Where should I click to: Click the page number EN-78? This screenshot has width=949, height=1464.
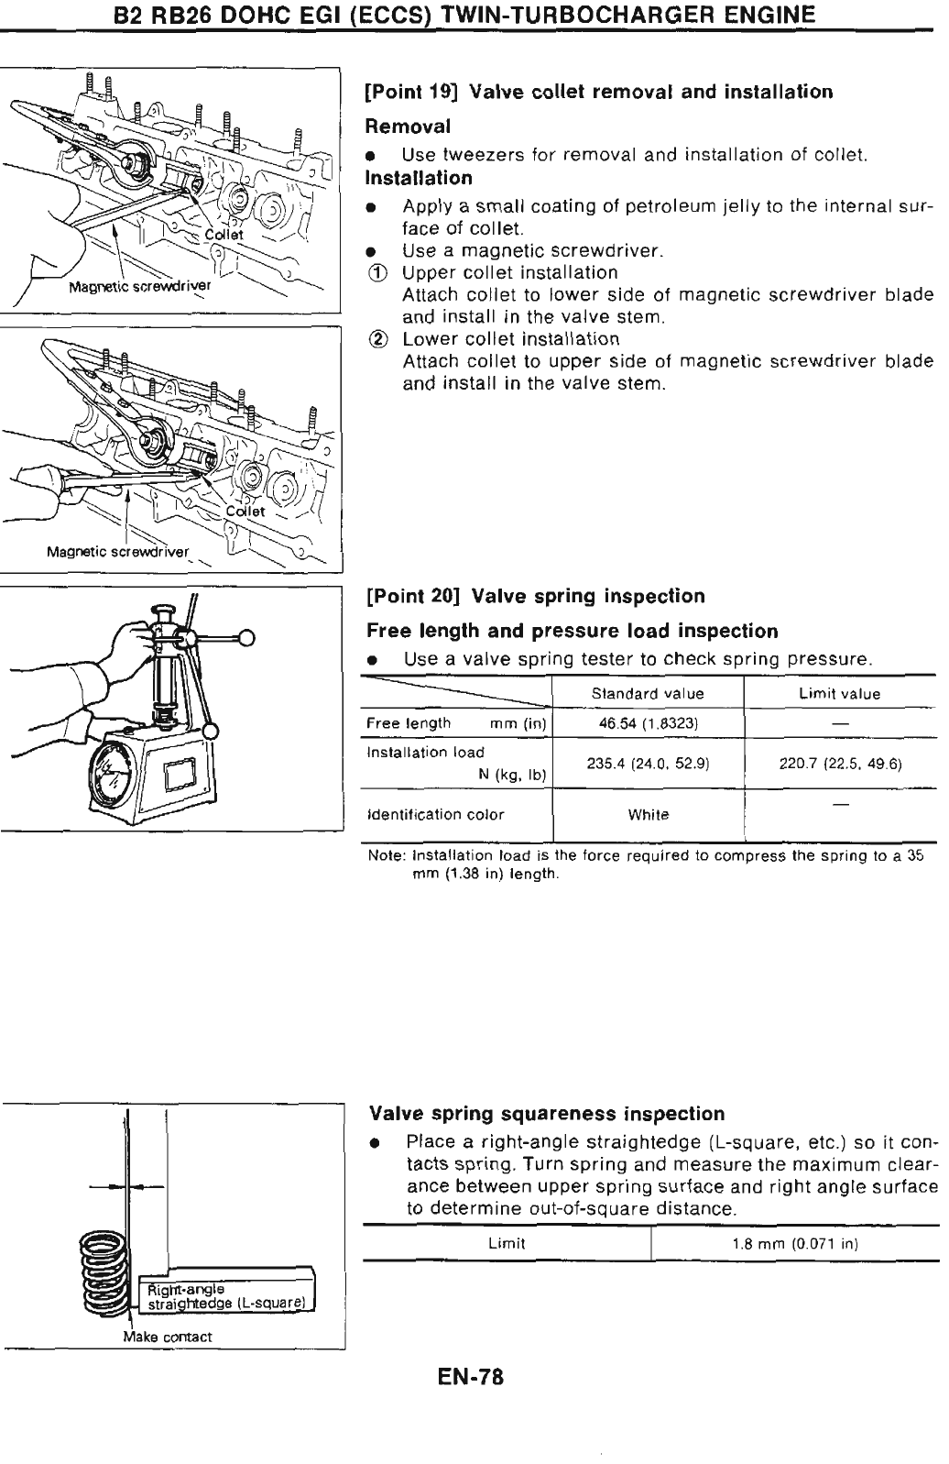coord(472,1378)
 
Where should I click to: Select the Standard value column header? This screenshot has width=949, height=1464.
coord(648,693)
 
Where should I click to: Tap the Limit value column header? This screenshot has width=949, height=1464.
coord(839,693)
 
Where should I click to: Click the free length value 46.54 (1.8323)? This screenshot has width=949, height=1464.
coord(648,723)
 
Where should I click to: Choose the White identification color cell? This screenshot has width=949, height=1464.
coord(648,814)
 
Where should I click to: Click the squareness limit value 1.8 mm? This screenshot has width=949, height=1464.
coord(794,1244)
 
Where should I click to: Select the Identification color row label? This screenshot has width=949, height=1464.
coord(435,814)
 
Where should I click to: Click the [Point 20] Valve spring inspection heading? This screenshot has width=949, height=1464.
coord(536,597)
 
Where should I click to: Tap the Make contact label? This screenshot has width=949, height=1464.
coord(168,1337)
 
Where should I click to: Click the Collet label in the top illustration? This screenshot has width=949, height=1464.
coord(224,235)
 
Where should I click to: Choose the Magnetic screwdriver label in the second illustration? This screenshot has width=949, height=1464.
coord(117,552)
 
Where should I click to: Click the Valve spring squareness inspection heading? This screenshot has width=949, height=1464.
coord(546,1114)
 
